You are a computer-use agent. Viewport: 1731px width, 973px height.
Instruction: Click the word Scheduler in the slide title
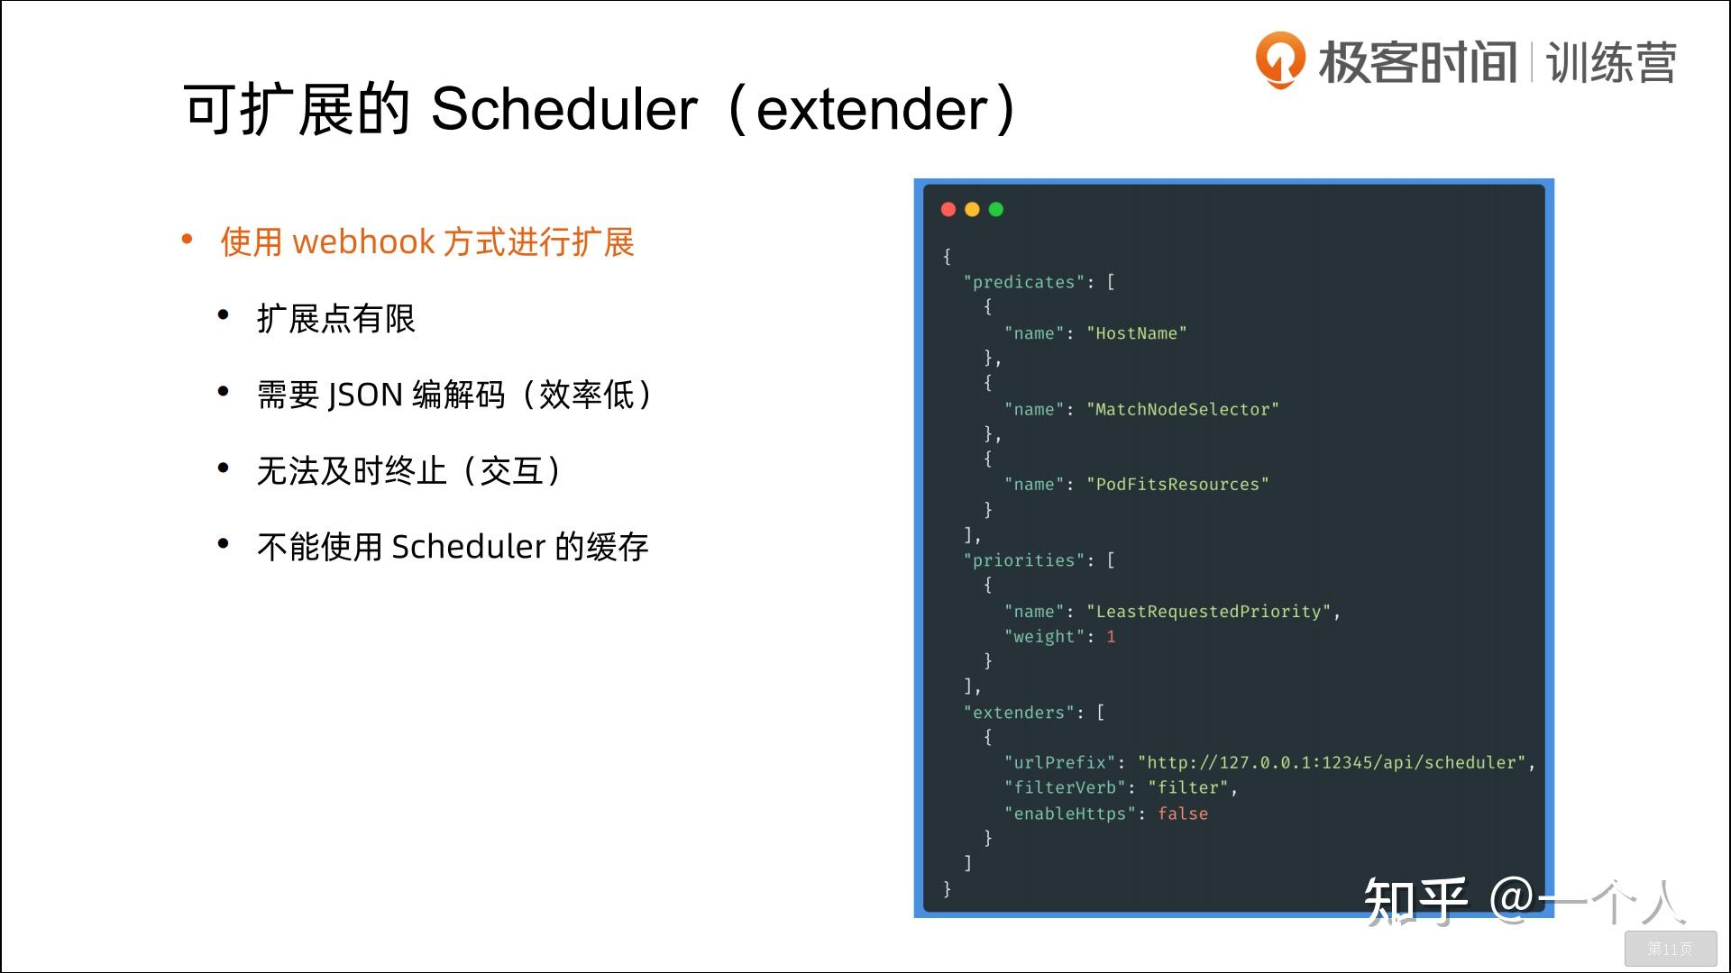point(564,110)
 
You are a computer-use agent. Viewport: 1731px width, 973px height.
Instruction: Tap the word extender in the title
point(872,110)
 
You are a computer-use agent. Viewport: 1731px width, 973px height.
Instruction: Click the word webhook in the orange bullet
point(364,242)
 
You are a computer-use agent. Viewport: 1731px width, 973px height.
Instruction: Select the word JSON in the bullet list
point(364,395)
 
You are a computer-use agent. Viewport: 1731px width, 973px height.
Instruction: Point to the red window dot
point(948,210)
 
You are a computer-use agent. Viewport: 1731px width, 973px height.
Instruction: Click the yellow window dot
point(972,210)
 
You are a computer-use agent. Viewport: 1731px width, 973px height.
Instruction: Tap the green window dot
point(996,210)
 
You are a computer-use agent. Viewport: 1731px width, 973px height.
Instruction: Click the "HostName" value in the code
point(1136,333)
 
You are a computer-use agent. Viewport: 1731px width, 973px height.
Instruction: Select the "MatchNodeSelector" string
point(1182,410)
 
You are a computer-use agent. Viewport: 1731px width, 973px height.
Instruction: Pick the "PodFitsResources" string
point(1177,485)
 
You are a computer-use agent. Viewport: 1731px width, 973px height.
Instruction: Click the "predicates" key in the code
point(1023,283)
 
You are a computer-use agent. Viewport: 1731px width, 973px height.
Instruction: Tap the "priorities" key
point(1023,560)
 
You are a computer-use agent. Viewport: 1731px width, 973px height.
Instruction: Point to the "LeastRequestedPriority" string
point(1208,612)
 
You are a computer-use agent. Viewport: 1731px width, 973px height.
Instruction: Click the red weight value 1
point(1111,637)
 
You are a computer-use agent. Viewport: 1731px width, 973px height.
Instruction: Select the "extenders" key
point(1019,713)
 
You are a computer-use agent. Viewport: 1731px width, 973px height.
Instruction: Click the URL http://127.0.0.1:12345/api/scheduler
point(1332,763)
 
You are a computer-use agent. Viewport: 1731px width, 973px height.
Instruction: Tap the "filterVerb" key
point(1065,788)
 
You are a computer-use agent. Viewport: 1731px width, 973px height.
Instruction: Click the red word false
point(1182,814)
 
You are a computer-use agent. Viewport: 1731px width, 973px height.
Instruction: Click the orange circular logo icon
point(1279,59)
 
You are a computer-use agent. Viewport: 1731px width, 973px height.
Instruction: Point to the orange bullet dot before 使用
point(188,240)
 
